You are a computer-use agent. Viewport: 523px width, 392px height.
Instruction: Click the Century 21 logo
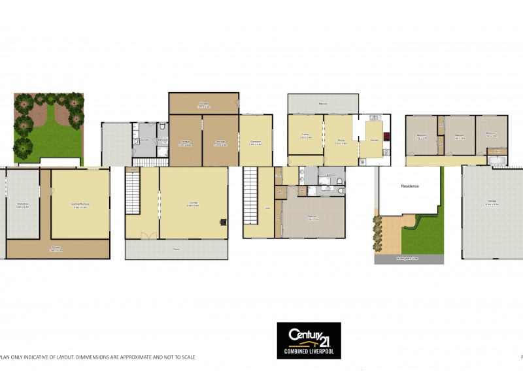(x=309, y=336)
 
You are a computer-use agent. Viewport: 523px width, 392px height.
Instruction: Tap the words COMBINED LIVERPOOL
(x=309, y=351)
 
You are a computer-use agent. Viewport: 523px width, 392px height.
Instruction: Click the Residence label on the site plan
(x=410, y=186)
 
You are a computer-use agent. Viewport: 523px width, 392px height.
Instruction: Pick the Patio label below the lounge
(x=177, y=250)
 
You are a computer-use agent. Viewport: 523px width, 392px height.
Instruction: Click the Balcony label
(x=323, y=103)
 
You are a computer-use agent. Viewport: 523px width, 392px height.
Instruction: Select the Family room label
(x=305, y=135)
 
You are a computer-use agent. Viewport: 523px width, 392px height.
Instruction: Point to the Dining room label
(x=341, y=139)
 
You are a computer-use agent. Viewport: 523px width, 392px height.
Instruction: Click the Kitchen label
(x=375, y=140)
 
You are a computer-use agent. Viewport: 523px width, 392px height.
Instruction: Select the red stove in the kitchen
(x=386, y=137)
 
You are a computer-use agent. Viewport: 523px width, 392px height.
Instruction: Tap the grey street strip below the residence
(x=409, y=259)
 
